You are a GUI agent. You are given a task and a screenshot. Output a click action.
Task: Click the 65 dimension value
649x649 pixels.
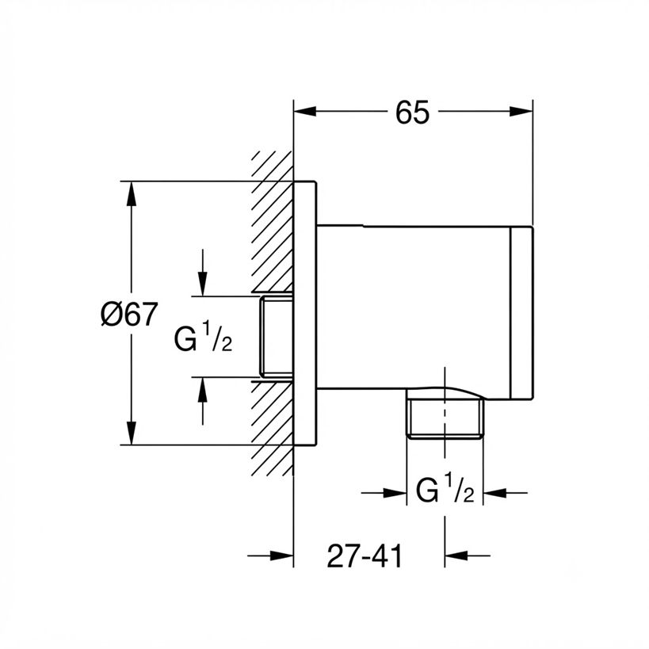413,113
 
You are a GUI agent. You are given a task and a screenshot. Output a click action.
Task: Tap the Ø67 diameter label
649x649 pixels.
129,314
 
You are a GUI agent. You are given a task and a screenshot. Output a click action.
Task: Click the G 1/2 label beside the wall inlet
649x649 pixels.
203,338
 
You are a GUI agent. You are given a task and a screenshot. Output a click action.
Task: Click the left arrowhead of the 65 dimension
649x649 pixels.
305,112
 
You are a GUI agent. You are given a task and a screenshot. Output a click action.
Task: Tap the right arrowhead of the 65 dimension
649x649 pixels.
521,112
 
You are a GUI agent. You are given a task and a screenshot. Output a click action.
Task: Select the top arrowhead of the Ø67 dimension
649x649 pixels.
132,193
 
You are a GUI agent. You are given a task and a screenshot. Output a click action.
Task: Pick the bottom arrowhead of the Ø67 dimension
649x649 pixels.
132,433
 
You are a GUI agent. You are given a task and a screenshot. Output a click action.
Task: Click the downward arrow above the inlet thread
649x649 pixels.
202,273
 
